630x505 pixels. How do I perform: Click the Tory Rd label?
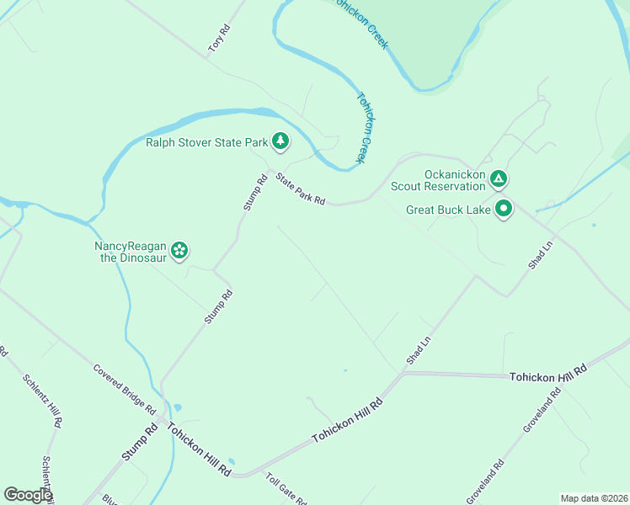220,39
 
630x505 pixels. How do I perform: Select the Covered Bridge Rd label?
125,388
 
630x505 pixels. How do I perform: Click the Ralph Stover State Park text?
206,143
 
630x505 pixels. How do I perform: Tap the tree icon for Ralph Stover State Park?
280,142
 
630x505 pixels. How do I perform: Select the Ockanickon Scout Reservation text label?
455,180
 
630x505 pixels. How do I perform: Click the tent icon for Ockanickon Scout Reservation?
499,178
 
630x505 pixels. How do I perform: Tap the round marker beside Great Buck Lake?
504,209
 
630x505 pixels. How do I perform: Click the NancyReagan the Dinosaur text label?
131,252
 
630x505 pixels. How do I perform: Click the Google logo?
28,495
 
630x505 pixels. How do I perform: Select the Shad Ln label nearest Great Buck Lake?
540,252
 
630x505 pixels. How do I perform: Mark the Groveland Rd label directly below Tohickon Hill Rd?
542,410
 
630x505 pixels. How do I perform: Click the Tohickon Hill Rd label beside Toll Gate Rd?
199,450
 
